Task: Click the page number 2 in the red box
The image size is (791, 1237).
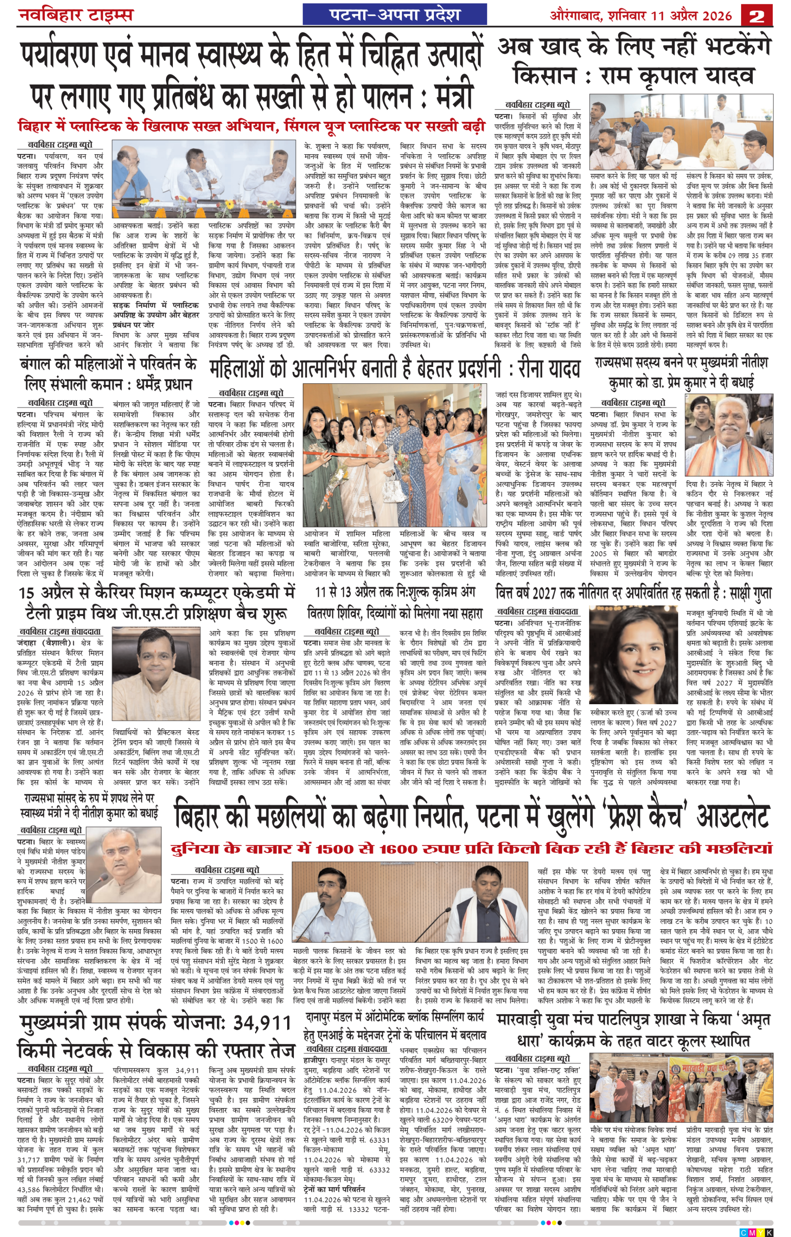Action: tap(757, 15)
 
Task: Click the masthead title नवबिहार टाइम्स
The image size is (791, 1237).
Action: tap(76, 14)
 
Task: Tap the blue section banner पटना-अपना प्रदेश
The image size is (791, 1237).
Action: tap(394, 14)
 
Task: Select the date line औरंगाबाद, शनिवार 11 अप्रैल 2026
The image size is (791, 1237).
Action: tap(640, 15)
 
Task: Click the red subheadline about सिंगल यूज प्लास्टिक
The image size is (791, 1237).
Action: tap(251, 126)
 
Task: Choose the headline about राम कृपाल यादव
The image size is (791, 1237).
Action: tap(634, 62)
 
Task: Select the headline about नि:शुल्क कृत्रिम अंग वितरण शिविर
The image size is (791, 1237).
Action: tap(394, 602)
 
